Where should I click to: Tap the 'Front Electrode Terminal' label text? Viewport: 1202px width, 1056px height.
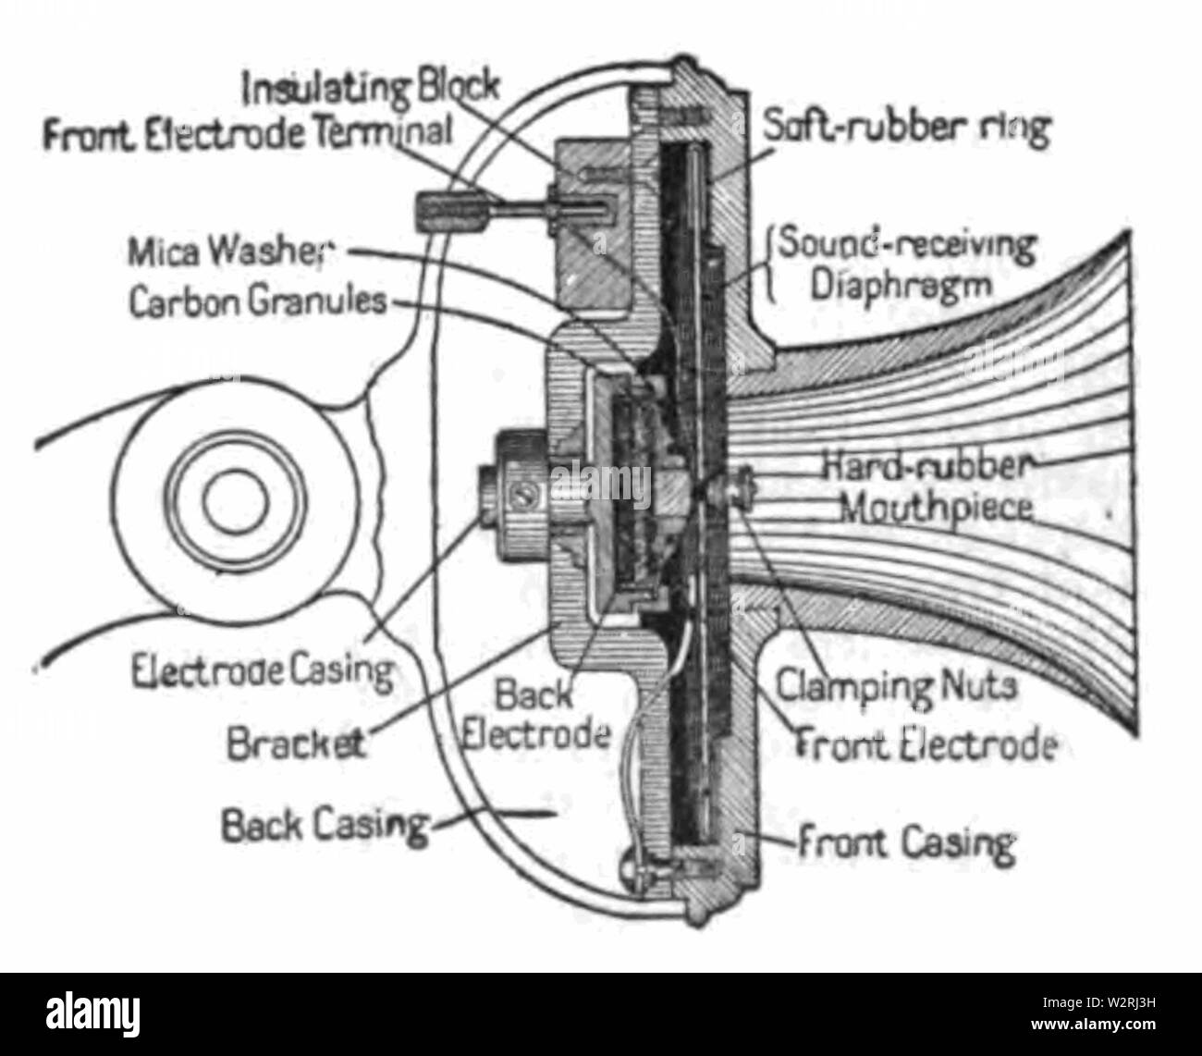click(248, 134)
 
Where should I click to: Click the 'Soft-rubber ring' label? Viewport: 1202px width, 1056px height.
click(906, 129)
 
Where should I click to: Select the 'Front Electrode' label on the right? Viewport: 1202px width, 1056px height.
click(925, 745)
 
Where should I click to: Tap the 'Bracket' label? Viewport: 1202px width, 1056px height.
click(296, 743)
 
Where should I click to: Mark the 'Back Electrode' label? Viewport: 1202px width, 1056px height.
click(535, 714)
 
